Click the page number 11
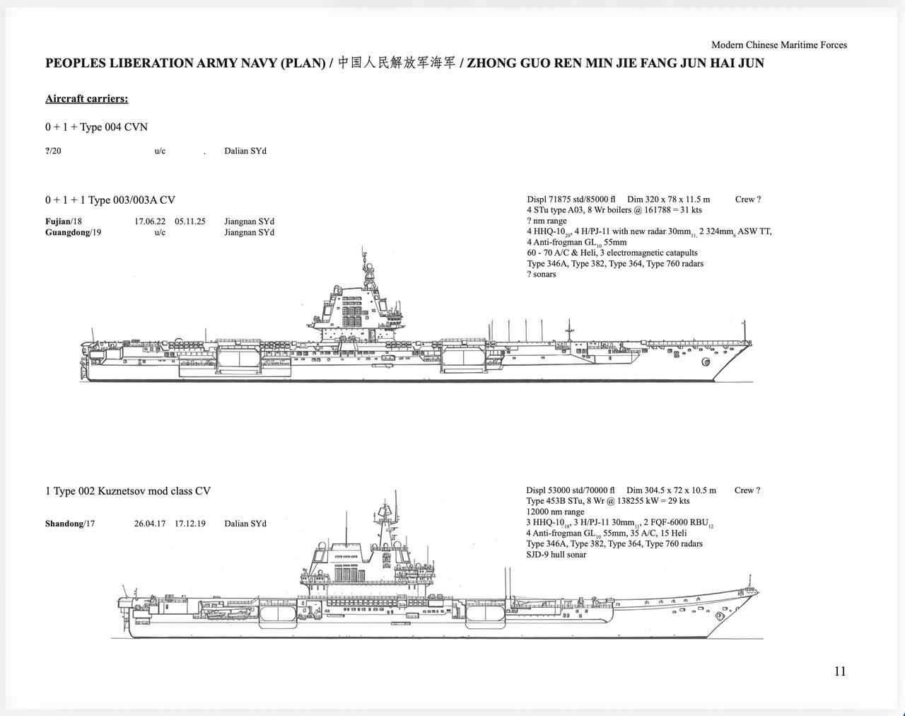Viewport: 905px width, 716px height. (840, 671)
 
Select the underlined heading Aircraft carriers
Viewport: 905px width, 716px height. (87, 98)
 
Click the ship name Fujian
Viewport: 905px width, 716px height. (57, 221)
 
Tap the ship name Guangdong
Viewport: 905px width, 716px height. (67, 232)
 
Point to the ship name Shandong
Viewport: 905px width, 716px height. (64, 524)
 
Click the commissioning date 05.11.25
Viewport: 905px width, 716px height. (190, 221)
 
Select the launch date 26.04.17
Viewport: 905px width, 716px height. (150, 524)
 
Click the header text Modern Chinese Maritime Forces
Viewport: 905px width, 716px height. (779, 45)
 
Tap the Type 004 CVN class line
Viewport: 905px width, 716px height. (96, 127)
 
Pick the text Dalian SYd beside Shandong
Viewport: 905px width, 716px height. (245, 524)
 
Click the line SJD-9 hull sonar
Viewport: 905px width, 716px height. (556, 555)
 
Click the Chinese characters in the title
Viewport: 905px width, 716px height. (397, 63)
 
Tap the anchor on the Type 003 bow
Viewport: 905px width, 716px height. (706, 362)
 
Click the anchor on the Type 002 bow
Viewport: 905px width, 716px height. (720, 616)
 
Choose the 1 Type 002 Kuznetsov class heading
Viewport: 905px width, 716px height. (128, 491)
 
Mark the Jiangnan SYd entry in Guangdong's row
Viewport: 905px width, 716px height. (249, 232)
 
